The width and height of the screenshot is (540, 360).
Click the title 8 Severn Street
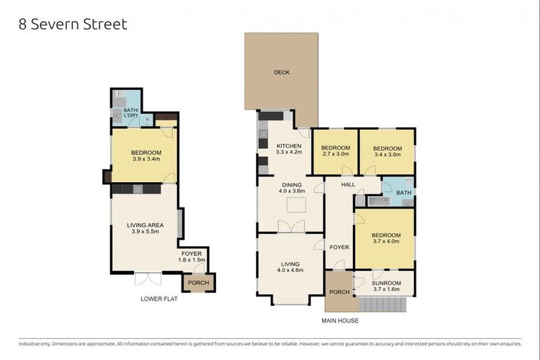(x=73, y=25)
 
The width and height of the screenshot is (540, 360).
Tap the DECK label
(x=281, y=72)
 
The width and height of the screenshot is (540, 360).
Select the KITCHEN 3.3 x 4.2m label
(x=289, y=148)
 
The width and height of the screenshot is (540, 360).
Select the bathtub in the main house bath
(x=378, y=202)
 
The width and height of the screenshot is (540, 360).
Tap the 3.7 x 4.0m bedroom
(x=386, y=238)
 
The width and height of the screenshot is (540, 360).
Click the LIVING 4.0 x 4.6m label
(x=289, y=264)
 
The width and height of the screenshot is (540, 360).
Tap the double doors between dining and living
(x=290, y=226)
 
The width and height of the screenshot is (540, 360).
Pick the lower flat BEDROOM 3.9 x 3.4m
(x=146, y=155)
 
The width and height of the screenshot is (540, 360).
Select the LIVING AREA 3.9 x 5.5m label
(x=146, y=228)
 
